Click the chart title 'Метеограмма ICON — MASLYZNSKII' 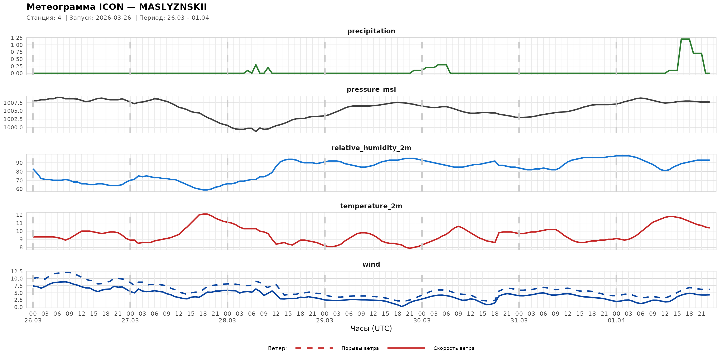coord(117,7)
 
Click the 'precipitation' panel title coord(371,31)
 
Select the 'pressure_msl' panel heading coord(371,89)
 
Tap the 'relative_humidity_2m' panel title coord(371,148)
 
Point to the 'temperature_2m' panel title coord(371,206)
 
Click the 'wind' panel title coord(371,265)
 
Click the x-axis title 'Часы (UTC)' coord(371,329)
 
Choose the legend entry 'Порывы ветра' coord(360,348)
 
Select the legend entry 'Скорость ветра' coord(454,348)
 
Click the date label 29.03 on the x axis coord(325,321)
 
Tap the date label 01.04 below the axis coord(616,321)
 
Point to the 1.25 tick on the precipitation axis coord(17,38)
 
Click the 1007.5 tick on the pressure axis coord(13,103)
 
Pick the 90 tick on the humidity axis coord(19,163)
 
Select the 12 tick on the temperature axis coord(19,215)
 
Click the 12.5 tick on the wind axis coord(17,271)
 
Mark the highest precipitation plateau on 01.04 coord(685,39)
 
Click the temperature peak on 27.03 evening coord(205,214)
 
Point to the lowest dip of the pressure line coord(256,131)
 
